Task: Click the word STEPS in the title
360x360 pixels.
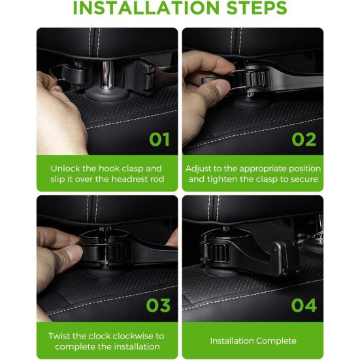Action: [257, 8]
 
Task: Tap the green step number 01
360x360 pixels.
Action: [159, 139]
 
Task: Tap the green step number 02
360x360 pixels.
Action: [304, 139]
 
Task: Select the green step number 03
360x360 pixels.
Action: [158, 305]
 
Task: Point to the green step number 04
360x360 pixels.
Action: [304, 305]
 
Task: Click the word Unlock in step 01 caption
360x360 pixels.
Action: [65, 169]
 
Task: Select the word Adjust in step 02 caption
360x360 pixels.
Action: [198, 169]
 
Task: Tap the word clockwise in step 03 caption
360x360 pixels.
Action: [134, 336]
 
